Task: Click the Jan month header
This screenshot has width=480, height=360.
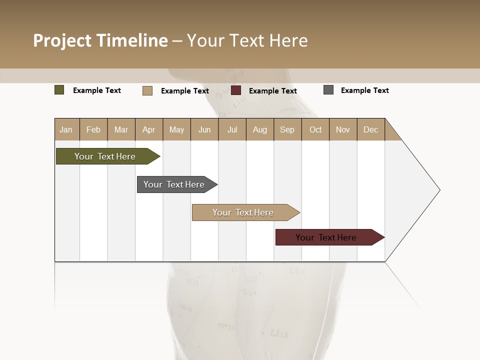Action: [x=66, y=129]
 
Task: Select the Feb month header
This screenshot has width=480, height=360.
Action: [x=93, y=129]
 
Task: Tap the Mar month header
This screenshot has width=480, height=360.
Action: [x=121, y=129]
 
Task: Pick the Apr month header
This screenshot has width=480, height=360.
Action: [x=149, y=129]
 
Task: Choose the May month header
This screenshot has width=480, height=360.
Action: [x=176, y=129]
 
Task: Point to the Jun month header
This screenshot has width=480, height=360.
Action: [x=204, y=129]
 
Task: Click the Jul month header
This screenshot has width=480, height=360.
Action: [x=232, y=129]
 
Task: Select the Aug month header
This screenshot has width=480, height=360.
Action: [x=260, y=129]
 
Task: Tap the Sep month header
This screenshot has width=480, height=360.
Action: [x=287, y=129]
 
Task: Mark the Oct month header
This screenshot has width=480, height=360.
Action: [x=315, y=129]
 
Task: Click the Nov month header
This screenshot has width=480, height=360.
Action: [x=343, y=129]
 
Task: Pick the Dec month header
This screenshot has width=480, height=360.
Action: [x=371, y=129]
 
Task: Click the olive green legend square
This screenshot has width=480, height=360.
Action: [x=59, y=90]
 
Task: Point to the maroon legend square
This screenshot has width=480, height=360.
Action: [x=236, y=90]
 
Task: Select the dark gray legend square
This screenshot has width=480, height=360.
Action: [x=328, y=90]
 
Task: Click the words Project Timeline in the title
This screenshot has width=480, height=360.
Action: [x=100, y=40]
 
